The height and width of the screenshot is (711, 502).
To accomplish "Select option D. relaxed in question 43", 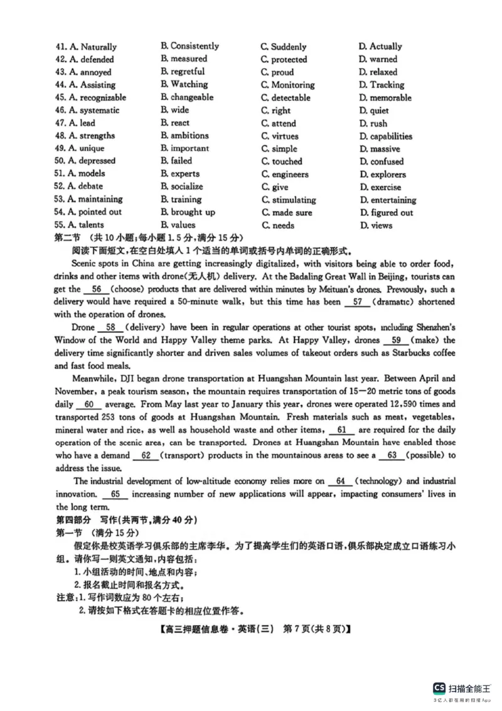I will (x=378, y=72).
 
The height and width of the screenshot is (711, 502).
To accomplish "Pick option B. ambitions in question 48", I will (x=184, y=136).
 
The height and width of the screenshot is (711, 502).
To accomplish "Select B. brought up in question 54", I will (x=188, y=212).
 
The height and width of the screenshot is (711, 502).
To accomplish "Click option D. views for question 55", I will (x=375, y=225).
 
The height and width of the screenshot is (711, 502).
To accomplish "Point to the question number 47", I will (x=61, y=123).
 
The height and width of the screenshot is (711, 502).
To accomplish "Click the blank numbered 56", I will (x=96, y=290).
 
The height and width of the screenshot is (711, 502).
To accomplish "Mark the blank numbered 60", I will (x=88, y=404).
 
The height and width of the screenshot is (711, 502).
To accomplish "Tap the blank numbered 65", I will (x=114, y=494).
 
